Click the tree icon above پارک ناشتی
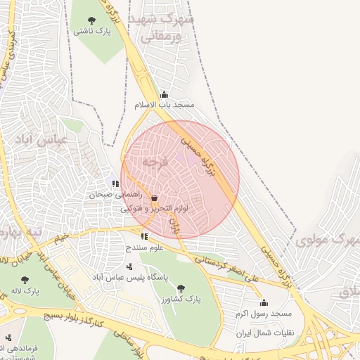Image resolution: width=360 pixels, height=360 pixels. point(91,20)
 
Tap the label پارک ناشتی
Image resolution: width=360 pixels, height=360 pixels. point(92,32)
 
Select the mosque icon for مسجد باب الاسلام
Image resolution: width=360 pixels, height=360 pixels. point(164,94)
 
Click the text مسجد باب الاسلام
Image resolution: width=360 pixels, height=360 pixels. point(164,105)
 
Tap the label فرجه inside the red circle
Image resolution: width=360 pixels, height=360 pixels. point(155,162)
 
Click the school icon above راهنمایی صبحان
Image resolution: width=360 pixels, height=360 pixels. point(115,184)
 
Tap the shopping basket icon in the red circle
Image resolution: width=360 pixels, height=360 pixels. point(153,198)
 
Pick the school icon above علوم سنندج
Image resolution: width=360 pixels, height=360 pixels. point(144,237)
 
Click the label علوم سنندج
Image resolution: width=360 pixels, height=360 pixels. point(144,247)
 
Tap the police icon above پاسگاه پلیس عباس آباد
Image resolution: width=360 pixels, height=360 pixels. point(129,266)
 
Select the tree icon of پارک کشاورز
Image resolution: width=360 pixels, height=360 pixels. point(181,288)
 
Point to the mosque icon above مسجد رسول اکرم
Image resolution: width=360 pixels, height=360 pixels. point(264,302)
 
